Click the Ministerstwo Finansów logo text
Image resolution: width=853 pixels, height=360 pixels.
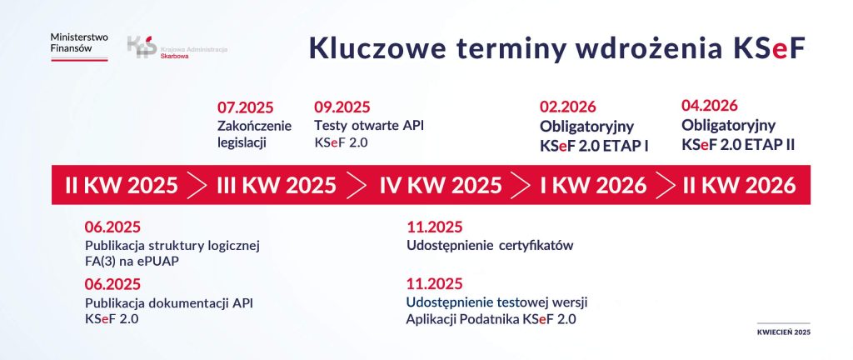(x=78, y=45)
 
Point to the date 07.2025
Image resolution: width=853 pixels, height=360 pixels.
(x=245, y=107)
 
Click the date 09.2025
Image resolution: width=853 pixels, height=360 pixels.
(x=342, y=107)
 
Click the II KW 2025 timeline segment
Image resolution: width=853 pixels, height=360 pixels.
(x=121, y=185)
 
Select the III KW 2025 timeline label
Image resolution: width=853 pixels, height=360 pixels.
(x=277, y=185)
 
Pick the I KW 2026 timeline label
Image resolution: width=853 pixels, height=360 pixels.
(x=593, y=185)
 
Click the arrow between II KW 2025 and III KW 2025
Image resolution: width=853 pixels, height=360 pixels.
(x=197, y=185)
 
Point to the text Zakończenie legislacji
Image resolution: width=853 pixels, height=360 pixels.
(x=254, y=134)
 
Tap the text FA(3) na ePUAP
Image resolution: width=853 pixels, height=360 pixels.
(x=132, y=261)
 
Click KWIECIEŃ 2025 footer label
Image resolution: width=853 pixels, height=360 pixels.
(x=783, y=332)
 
